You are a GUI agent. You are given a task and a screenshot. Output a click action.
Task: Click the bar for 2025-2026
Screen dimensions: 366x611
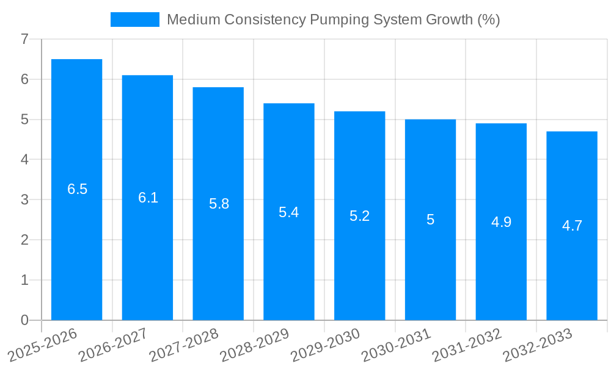(76, 244)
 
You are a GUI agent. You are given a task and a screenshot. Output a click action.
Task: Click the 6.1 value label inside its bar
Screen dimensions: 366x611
(148, 198)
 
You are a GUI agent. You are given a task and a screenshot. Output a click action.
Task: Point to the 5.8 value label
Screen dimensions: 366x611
(219, 204)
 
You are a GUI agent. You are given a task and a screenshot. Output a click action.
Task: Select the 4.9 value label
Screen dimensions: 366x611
(501, 222)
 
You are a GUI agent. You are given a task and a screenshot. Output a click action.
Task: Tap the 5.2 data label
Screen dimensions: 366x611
(359, 216)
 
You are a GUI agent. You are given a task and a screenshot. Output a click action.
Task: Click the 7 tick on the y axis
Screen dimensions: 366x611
(24, 40)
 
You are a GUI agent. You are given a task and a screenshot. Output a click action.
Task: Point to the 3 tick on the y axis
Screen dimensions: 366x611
(24, 200)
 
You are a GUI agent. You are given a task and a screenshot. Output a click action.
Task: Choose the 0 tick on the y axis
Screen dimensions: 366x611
(24, 320)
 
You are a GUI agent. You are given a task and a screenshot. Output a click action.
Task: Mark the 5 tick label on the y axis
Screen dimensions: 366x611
(24, 120)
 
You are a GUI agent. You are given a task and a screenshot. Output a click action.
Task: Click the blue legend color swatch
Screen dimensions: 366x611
(134, 20)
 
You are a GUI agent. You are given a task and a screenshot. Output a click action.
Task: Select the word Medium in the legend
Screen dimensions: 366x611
(192, 20)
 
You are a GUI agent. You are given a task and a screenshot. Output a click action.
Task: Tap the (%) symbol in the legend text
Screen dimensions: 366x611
(488, 20)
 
